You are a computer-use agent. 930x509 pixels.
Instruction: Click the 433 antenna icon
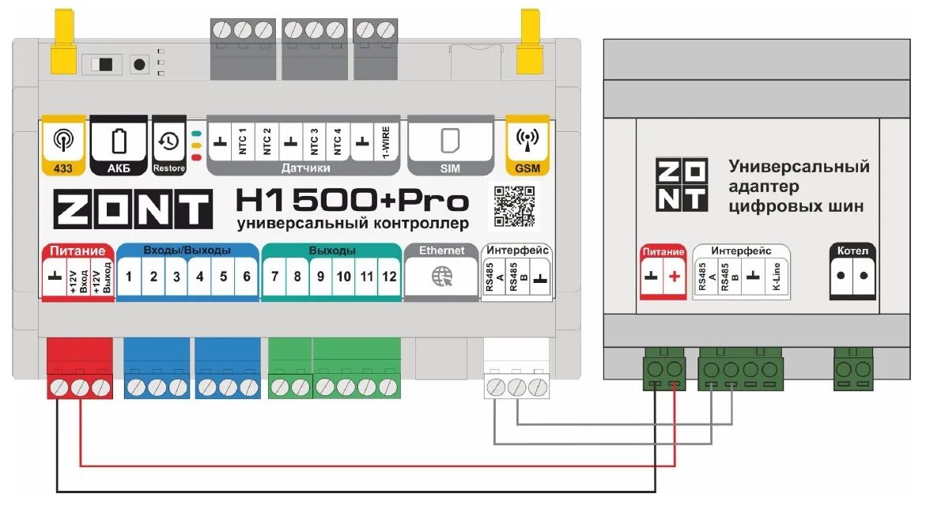[x=61, y=140]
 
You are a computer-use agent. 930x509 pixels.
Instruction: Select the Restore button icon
[x=168, y=141]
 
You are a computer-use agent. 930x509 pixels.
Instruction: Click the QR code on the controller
[x=515, y=205]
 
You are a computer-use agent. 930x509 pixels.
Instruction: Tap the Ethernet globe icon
[x=441, y=277]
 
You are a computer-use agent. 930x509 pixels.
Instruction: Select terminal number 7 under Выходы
[x=274, y=277]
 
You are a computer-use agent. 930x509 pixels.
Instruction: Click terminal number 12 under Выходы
[x=389, y=277]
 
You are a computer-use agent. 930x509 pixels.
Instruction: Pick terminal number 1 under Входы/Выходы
[x=130, y=277]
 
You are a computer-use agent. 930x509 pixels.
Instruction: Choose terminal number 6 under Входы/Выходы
[x=246, y=277]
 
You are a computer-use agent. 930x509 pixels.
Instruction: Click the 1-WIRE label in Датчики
[x=387, y=141]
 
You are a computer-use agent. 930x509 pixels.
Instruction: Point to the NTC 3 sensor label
[x=314, y=141]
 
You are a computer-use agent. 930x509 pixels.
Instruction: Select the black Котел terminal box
[x=852, y=272]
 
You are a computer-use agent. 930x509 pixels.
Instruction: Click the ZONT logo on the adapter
[x=681, y=184]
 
